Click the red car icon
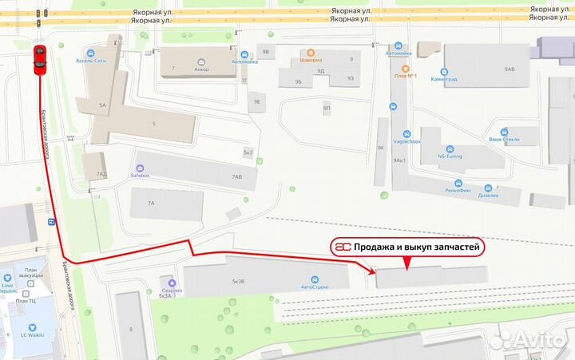tap(39, 60)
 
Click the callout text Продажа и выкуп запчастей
tap(418, 248)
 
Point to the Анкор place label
tap(201, 69)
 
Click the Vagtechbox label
tap(406, 141)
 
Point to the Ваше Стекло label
tap(504, 139)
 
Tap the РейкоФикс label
tap(462, 191)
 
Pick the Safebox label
tap(141, 176)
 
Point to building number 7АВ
tap(236, 176)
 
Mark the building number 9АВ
tap(511, 69)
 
